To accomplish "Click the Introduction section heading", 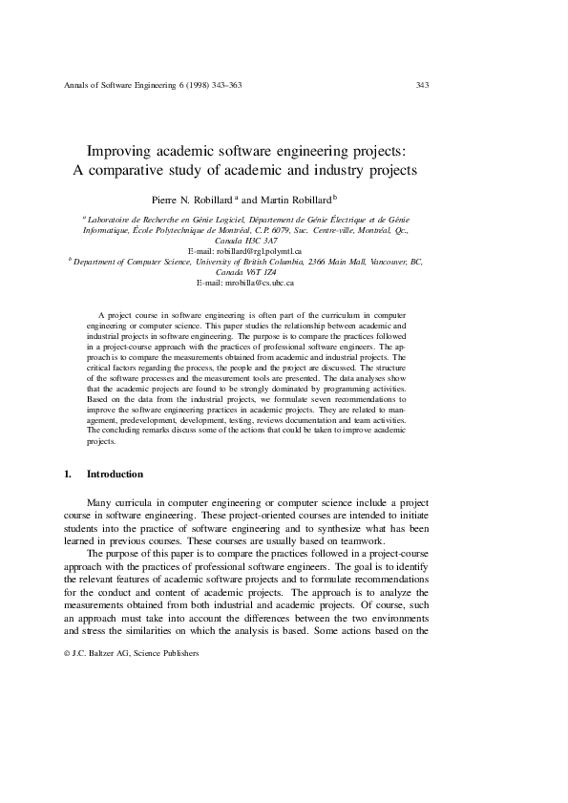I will (x=115, y=475).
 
